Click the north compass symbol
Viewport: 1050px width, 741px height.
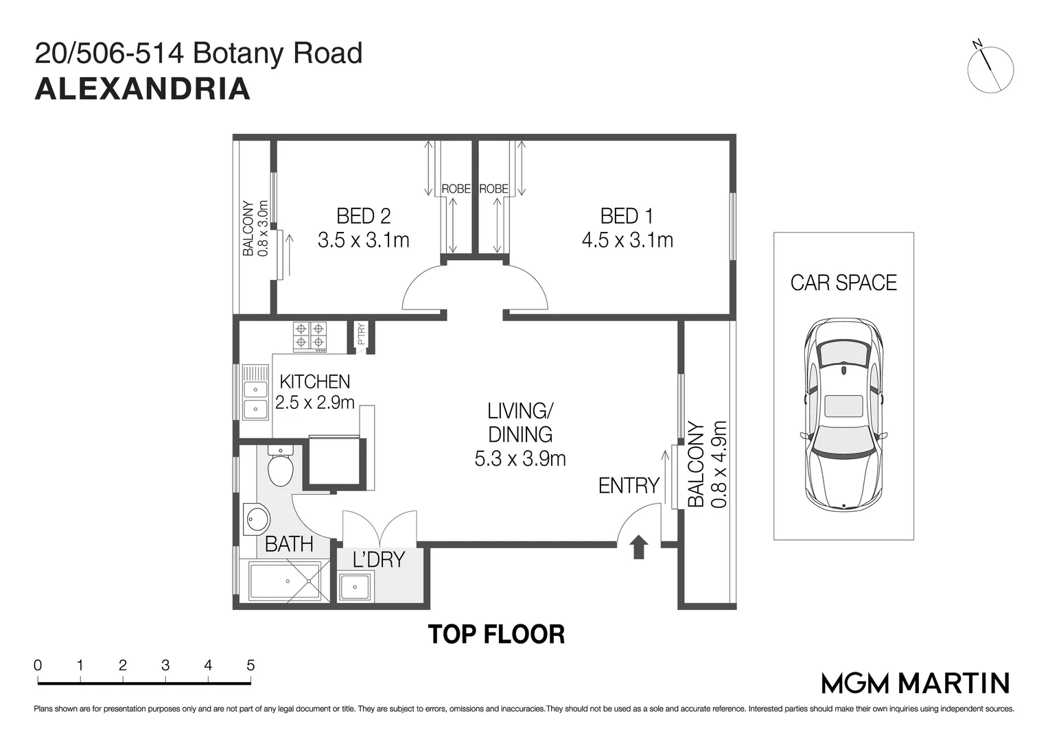990,69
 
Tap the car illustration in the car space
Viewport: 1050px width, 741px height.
843,414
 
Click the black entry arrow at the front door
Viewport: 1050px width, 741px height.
639,548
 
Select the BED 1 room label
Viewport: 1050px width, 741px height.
627,216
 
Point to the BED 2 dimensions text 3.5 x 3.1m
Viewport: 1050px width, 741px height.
364,240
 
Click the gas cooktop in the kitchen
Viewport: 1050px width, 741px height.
310,336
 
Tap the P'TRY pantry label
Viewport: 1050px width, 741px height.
361,334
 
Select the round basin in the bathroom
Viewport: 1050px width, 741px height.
256,519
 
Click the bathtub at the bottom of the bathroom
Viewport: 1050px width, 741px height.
285,582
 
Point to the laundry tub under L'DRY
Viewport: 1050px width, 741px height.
355,587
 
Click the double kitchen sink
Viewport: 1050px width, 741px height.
255,399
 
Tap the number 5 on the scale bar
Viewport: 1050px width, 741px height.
250,665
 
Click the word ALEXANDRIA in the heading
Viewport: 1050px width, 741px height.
142,89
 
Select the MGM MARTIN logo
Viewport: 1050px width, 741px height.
915,683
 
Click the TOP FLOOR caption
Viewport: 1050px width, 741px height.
496,635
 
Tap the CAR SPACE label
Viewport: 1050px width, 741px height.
843,283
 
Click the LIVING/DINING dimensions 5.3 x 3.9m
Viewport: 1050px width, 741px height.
520,458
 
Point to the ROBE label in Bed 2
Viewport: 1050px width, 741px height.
456,189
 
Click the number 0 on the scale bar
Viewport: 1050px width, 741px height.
38,665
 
